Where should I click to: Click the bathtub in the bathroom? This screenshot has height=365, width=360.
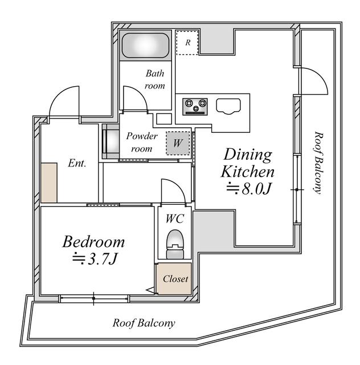146,46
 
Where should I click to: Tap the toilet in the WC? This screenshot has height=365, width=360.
175,244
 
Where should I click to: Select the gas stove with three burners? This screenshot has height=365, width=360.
195,107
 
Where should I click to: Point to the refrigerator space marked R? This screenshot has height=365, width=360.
187,43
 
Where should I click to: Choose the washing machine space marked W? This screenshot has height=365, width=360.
178,143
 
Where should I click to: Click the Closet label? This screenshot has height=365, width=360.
175,279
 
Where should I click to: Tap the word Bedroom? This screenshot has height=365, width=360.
93,242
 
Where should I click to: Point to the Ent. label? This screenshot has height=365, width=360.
77,163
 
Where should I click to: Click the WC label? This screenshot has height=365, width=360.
175,218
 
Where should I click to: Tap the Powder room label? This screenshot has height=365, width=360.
142,142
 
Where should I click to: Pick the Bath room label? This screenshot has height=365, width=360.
155,80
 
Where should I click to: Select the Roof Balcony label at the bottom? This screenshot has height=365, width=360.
144,323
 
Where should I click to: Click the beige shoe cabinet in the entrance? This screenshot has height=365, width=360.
49,182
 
